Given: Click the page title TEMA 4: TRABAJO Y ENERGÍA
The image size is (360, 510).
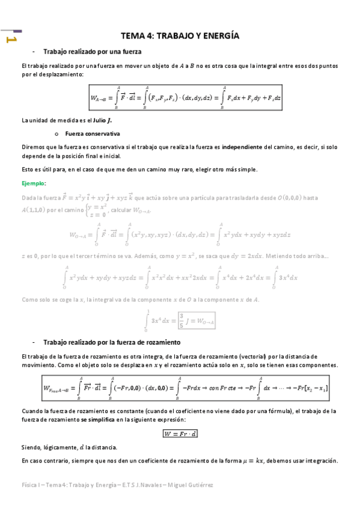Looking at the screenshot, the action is [180, 36].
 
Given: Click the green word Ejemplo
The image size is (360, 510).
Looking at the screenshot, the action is [33, 183].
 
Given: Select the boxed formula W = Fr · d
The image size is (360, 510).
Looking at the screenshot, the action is [180, 416].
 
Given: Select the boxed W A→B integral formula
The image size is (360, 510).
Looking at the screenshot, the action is [186, 96].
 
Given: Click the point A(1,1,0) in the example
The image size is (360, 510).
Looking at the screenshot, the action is [41, 209].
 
